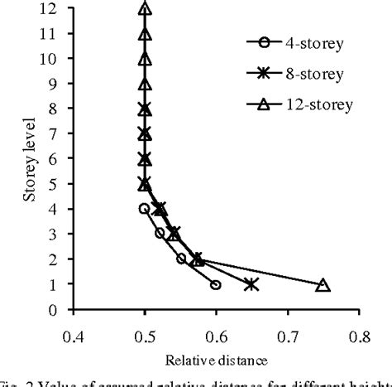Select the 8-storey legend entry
(299, 73)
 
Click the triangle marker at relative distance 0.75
(323, 285)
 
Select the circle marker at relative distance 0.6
(216, 285)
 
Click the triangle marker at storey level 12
(145, 9)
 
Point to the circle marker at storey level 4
(144, 210)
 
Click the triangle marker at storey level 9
(145, 85)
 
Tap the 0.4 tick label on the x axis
(73, 338)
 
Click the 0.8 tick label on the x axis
(360, 338)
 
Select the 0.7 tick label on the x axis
(289, 338)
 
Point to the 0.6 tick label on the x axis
(217, 338)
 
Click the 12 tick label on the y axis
(51, 9)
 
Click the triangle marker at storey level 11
(145, 34)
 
